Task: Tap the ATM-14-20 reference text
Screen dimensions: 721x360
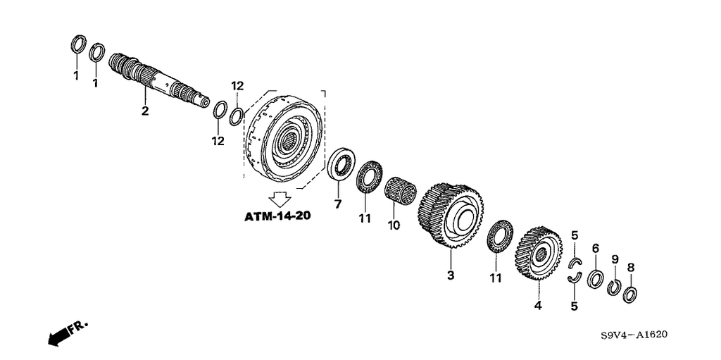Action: pyautogui.click(x=277, y=216)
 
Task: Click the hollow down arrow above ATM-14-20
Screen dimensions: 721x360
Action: pyautogui.click(x=280, y=198)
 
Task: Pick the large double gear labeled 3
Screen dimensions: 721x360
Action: pyautogui.click(x=451, y=216)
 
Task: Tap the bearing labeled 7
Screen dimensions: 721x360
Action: pyautogui.click(x=341, y=164)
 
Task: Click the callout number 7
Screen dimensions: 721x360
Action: pyautogui.click(x=338, y=204)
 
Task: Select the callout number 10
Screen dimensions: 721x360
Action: pyautogui.click(x=394, y=225)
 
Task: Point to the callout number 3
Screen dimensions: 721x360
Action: pyautogui.click(x=451, y=275)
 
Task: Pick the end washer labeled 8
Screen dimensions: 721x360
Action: pyautogui.click(x=629, y=294)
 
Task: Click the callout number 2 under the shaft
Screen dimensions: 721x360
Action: pyautogui.click(x=145, y=111)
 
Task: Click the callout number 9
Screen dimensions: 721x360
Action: pyautogui.click(x=615, y=259)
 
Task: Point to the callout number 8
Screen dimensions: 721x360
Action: pyautogui.click(x=630, y=267)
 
